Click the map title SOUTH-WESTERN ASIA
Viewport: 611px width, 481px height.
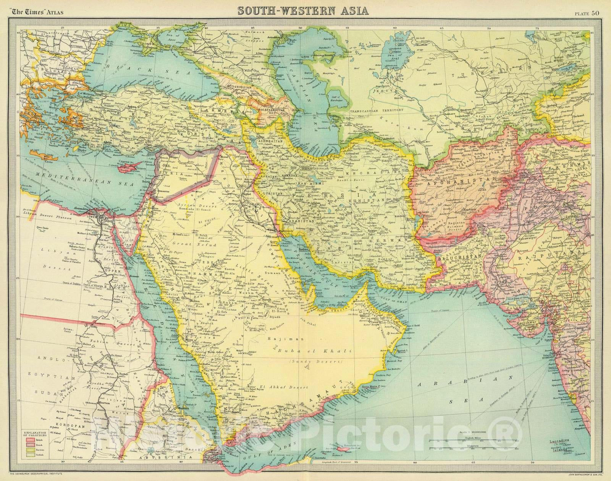click(x=303, y=10)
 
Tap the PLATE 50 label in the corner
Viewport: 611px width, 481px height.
click(x=587, y=14)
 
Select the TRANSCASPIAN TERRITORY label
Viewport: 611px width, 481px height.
click(x=374, y=110)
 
